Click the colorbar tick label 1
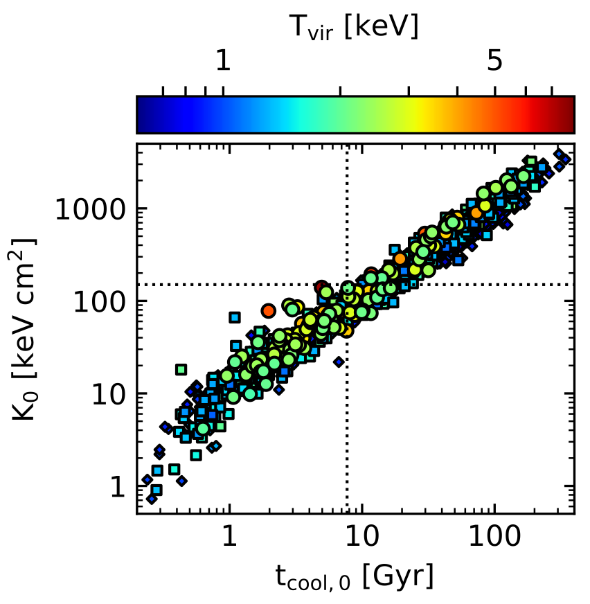coord(222,62)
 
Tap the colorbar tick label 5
coord(494,62)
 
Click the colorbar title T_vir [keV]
coord(354,27)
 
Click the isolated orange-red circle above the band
coord(269,310)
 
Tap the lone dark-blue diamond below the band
coord(339,362)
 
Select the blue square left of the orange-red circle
coord(235,317)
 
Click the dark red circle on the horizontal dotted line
coord(321,287)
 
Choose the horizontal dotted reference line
coord(208,285)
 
